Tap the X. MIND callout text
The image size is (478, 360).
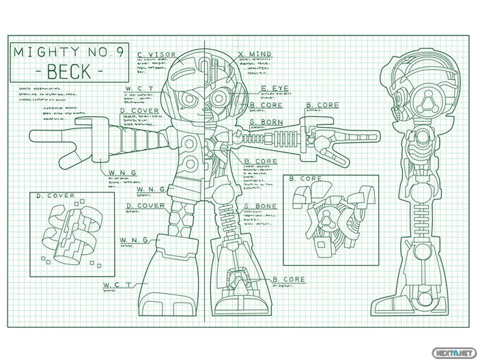255,55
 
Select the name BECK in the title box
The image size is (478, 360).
66,70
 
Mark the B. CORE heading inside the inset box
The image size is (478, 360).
306,179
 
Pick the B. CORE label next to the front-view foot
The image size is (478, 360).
289,280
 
